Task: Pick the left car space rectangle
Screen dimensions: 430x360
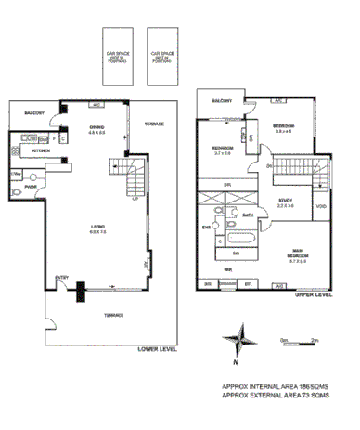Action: (116, 59)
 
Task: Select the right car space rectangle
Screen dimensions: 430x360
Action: (162, 59)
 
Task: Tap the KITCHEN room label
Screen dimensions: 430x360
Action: (39, 150)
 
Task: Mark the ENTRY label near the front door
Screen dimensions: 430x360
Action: (61, 277)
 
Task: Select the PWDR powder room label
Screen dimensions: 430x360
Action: (31, 185)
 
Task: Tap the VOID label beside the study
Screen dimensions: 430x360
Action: (320, 206)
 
